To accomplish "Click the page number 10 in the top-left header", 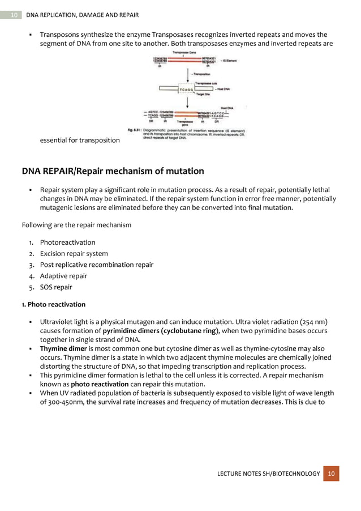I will (14, 14).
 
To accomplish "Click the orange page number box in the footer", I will (332, 474).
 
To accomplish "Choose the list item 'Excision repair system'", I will (74, 254).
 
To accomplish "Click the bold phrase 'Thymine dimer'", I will (63, 348).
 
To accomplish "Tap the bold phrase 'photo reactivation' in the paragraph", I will (100, 384).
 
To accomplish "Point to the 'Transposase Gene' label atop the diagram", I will (184, 53).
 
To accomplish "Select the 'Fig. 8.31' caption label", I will (134, 130).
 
